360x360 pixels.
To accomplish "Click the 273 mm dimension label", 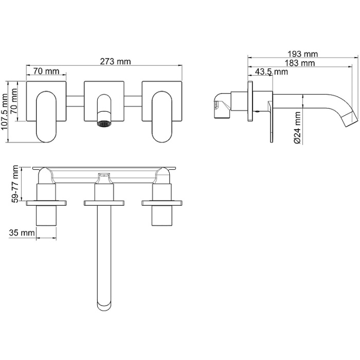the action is point(116,62).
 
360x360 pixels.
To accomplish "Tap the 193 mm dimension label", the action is point(303,54).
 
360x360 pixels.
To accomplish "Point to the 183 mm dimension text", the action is point(300,63).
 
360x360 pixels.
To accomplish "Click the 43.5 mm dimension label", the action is point(272,71).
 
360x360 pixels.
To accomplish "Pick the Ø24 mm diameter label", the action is point(298,128).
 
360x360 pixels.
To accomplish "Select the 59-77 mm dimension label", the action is point(15,184).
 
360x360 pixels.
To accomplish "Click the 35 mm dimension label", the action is point(22,233).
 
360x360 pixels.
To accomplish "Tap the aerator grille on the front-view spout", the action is point(104,124).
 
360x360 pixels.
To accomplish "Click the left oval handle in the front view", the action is point(46,117).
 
